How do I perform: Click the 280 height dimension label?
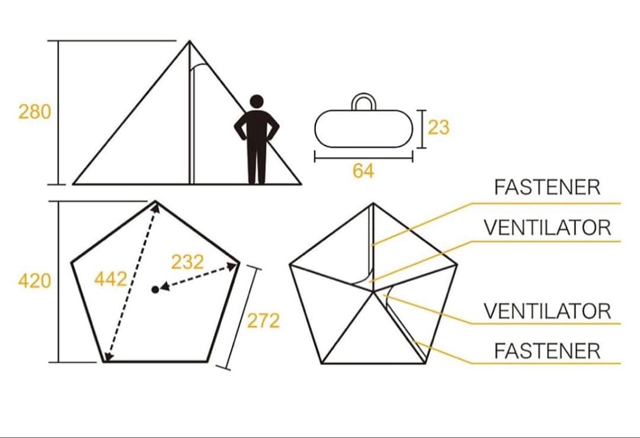coord(35,112)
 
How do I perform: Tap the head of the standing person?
coord(257,102)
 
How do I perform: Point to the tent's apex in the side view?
coord(190,41)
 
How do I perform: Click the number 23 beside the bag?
coord(439,127)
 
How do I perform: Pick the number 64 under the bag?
coord(363,170)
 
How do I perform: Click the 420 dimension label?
coord(35,281)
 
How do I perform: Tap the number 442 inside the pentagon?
coord(111,280)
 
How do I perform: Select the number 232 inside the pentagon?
coord(187,262)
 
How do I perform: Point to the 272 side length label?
coord(264,320)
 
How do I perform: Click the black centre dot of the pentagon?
coord(155,290)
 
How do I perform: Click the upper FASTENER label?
coord(548,188)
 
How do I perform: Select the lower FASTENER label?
coord(548,351)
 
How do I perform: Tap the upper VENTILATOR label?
coord(548,228)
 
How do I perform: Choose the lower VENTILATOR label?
coord(548,311)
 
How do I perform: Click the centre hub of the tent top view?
coord(373,291)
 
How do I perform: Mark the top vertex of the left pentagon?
coord(155,201)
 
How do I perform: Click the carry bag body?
coord(364,128)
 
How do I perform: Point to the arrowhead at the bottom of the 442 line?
coord(107,357)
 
